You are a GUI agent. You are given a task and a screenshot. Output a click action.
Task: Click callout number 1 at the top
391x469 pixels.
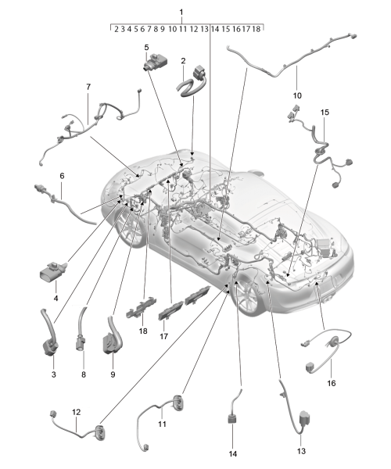tap(181, 13)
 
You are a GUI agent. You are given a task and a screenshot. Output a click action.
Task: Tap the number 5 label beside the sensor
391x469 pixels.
tap(146, 48)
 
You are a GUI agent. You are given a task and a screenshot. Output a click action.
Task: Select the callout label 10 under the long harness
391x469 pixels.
tap(297, 95)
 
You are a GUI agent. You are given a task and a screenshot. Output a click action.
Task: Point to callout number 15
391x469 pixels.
tap(325, 112)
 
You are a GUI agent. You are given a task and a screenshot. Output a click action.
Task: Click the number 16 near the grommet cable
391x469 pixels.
tap(332, 383)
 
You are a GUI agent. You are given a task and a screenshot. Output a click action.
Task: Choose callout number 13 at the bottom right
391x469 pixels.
tap(301, 451)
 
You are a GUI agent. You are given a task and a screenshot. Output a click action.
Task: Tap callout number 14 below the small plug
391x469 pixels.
tap(233, 453)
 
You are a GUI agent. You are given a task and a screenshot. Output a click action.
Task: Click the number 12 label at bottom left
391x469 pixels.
tap(77, 412)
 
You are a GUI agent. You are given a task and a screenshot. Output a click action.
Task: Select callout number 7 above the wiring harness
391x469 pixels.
tap(88, 87)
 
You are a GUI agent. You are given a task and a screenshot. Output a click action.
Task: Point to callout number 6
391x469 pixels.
tap(62, 176)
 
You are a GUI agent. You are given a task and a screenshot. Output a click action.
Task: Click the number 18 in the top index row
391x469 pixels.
tap(256, 29)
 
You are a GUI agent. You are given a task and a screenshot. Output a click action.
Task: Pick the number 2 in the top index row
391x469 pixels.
tap(116, 29)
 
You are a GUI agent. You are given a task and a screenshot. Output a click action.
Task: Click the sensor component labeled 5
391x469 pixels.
tap(156, 62)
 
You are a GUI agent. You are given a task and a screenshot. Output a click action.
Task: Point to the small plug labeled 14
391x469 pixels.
tap(233, 417)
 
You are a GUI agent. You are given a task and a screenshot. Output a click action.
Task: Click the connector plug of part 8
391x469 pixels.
tap(81, 343)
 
